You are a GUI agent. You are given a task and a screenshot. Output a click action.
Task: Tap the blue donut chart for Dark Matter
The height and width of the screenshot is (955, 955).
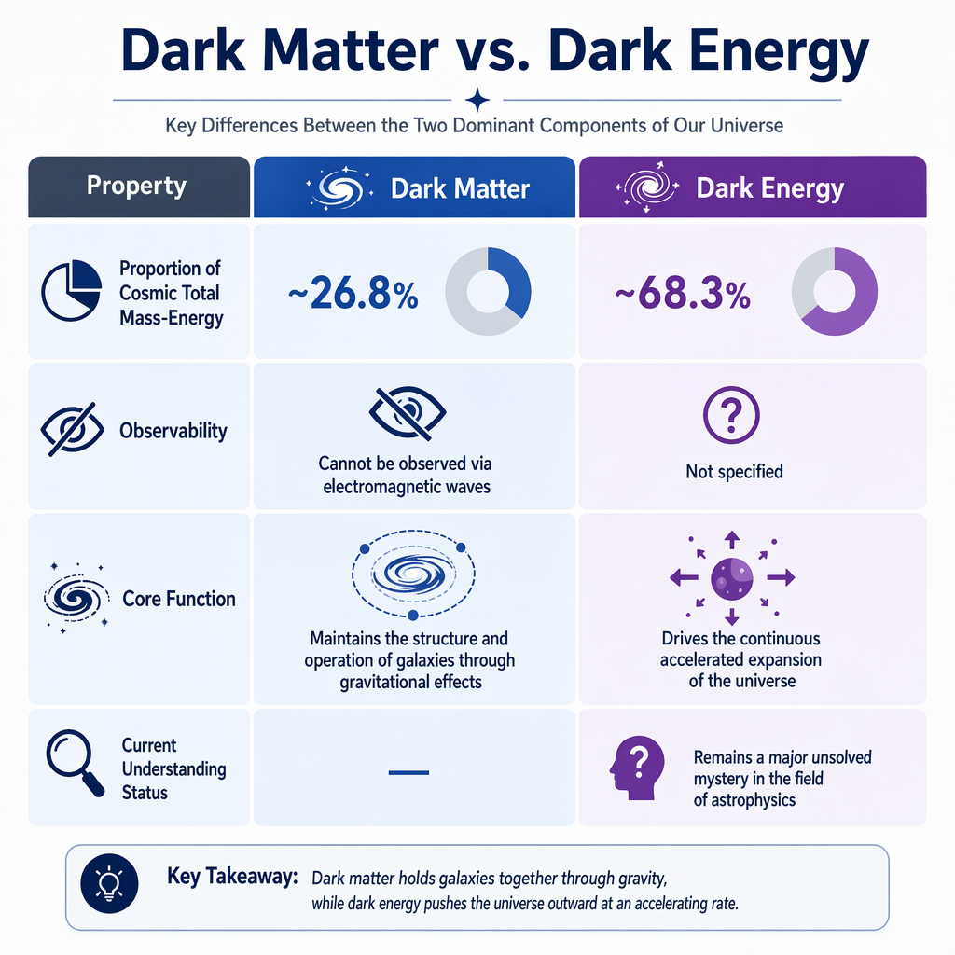click(489, 291)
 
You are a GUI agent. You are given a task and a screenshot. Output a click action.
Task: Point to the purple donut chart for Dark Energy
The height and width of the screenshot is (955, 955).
click(833, 292)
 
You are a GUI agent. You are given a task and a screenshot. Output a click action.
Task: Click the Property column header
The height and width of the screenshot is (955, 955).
click(136, 186)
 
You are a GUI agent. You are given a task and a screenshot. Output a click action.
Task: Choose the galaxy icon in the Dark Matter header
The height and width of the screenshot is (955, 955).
click(333, 187)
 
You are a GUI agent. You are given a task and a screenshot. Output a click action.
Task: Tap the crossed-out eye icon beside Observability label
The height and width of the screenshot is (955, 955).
click(71, 430)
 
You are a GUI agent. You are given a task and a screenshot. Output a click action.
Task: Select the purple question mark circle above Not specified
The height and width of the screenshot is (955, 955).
click(733, 413)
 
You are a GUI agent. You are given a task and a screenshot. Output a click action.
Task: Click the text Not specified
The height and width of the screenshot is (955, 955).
click(734, 471)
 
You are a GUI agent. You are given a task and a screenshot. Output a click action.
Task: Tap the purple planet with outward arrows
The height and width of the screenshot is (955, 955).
click(732, 578)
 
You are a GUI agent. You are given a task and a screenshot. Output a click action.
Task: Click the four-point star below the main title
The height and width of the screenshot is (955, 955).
click(477, 99)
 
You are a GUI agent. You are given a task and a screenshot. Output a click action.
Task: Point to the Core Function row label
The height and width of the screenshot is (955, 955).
click(179, 598)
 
